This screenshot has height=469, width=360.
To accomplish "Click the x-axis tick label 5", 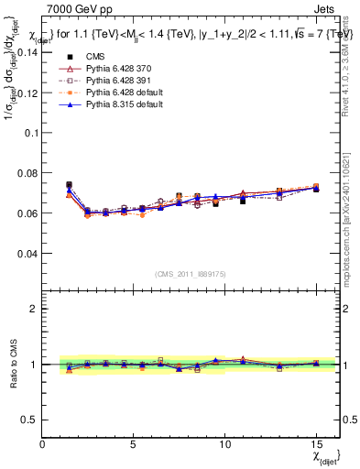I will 134,444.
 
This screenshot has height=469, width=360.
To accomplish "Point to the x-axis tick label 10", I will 224,444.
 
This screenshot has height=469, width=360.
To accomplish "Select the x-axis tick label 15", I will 316,444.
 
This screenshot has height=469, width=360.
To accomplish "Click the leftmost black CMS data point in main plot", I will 69,185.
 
